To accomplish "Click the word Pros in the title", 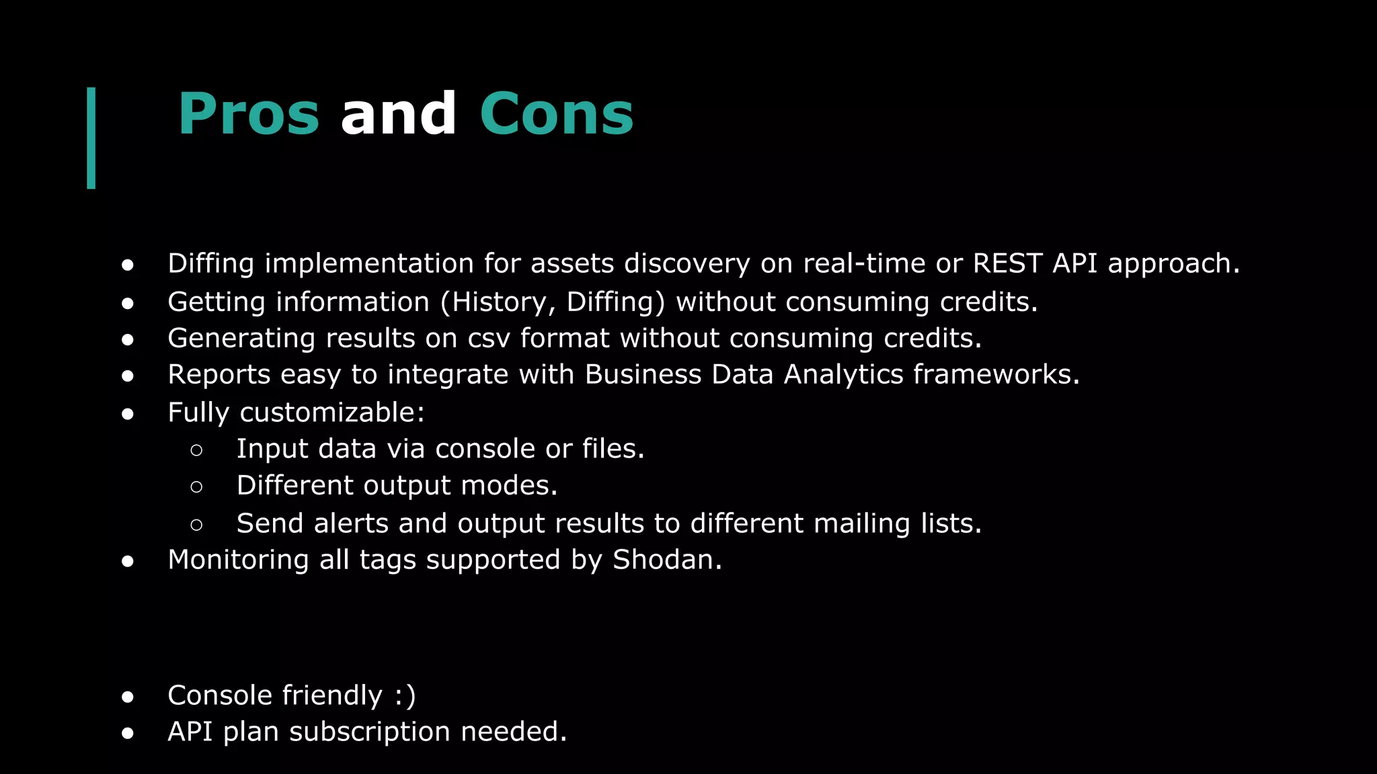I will pyautogui.click(x=248, y=114).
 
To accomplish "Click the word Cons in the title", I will pyautogui.click(x=556, y=114).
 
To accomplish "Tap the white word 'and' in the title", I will pyautogui.click(x=398, y=114).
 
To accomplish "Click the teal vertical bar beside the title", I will pyautogui.click(x=91, y=138).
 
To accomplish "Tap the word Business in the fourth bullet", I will pyautogui.click(x=643, y=375).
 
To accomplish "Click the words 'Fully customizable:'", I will pyautogui.click(x=296, y=413).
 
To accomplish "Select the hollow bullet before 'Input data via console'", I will pyautogui.click(x=196, y=449).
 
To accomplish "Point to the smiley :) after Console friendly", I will pyautogui.click(x=405, y=695).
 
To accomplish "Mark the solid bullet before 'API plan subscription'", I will pyautogui.click(x=128, y=733).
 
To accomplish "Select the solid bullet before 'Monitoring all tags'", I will pyautogui.click(x=128, y=561).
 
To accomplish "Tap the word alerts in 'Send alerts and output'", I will pyautogui.click(x=350, y=523).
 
